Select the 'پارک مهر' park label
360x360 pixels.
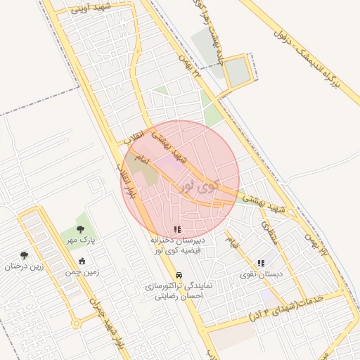click(81, 240)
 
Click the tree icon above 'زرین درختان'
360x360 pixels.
click(25, 255)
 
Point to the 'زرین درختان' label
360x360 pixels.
click(25, 266)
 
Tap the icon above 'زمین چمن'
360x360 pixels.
click(82, 261)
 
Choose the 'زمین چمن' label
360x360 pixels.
click(82, 271)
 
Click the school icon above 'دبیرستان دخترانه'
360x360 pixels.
click(177, 229)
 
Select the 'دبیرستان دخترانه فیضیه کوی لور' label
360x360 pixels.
click(177, 245)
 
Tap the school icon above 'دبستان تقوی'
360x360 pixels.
click(261, 263)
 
